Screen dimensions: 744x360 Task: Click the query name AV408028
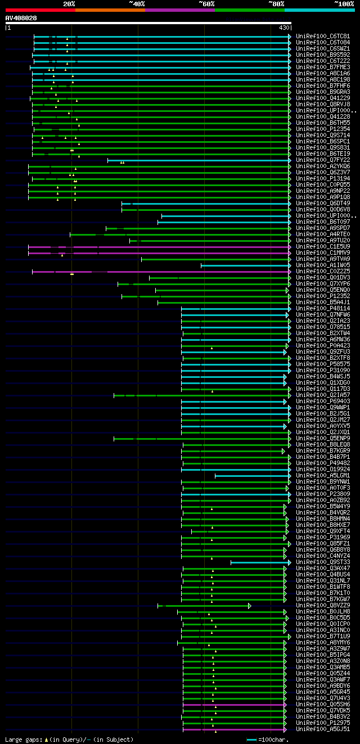(21, 18)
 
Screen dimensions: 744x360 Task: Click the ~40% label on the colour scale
(137, 4)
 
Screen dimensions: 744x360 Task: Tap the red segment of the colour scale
(40, 10)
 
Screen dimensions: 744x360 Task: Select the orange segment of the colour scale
(110, 10)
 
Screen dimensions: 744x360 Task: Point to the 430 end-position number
(283, 28)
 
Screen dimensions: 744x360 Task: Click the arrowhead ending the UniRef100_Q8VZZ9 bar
(249, 606)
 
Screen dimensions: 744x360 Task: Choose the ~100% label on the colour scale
(344, 4)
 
